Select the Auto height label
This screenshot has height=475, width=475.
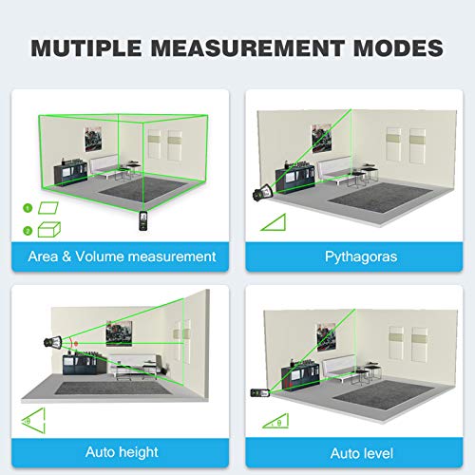(x=122, y=451)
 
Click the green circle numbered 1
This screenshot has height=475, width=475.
(x=28, y=208)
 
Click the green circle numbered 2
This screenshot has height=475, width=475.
(x=28, y=229)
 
